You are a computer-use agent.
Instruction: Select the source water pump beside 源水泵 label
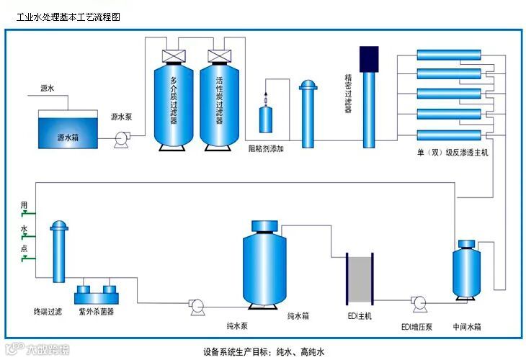point(120,138)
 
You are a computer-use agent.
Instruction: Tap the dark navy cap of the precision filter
point(369,58)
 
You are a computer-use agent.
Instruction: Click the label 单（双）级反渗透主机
point(453,153)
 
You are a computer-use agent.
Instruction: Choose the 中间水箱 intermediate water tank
point(466,271)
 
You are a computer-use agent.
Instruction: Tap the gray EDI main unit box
point(358,278)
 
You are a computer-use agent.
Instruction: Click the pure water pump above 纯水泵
point(195,307)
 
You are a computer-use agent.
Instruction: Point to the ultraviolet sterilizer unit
point(96,294)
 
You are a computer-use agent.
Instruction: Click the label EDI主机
point(358,317)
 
